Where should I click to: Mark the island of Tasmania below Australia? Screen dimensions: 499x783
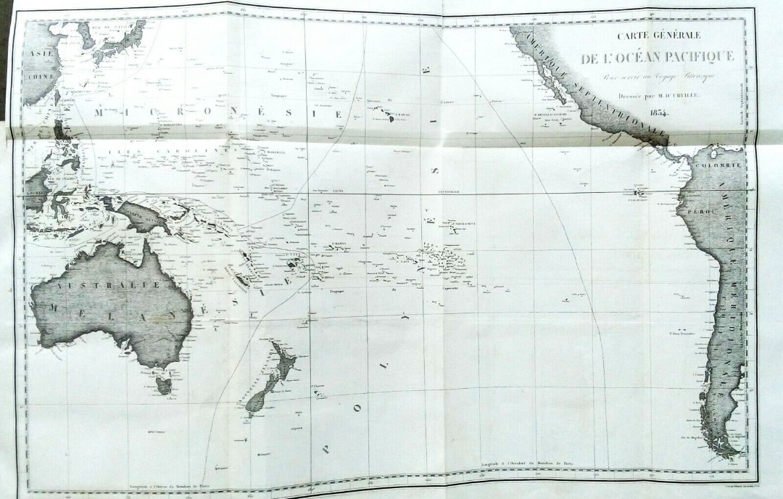[x=165, y=384]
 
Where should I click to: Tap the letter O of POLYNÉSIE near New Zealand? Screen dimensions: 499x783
[x=356, y=407]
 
